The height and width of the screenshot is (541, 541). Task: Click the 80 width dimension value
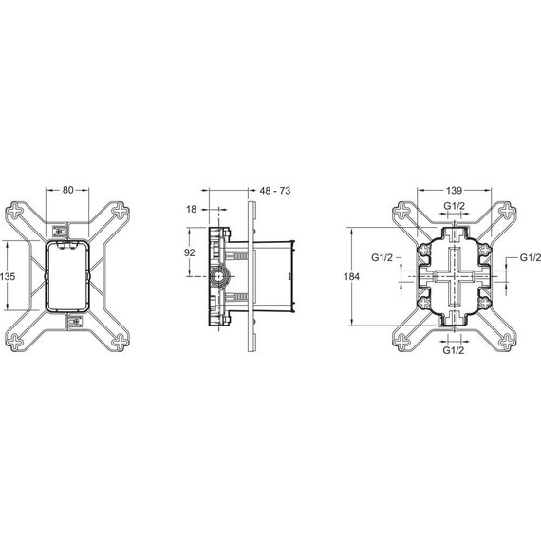pos(68,190)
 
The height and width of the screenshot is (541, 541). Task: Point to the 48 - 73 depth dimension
pos(273,191)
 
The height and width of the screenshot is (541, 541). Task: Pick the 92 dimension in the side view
pos(190,253)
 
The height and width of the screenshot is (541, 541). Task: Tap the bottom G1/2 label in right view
pos(455,350)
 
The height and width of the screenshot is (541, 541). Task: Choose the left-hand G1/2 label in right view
pos(382,257)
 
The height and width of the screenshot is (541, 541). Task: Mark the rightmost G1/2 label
pos(529,257)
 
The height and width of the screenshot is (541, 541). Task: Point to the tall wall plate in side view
pos(250,275)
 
